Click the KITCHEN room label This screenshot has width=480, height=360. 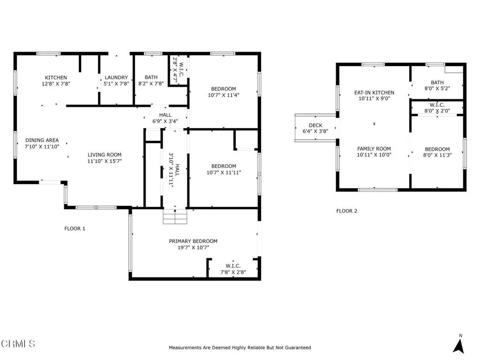(x=56, y=78)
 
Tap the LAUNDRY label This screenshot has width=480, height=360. (x=116, y=78)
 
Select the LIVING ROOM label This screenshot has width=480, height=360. (x=105, y=155)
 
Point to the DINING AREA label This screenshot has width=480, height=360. (x=42, y=140)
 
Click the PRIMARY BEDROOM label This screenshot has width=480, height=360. (x=193, y=241)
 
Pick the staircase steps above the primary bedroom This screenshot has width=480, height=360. (x=175, y=217)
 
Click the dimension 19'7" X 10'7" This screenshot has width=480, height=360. (x=193, y=247)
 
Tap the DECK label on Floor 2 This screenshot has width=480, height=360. (x=315, y=125)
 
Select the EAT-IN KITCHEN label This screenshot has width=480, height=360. (x=374, y=93)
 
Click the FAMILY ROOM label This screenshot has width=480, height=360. (x=374, y=149)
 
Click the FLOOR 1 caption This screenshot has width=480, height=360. (x=75, y=229)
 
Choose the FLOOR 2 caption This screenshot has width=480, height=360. (x=347, y=211)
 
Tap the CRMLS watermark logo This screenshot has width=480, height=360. (x=18, y=344)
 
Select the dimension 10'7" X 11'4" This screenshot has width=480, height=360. (x=224, y=95)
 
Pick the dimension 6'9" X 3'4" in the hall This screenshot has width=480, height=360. (x=165, y=121)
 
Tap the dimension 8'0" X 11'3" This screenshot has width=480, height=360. (x=437, y=155)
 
